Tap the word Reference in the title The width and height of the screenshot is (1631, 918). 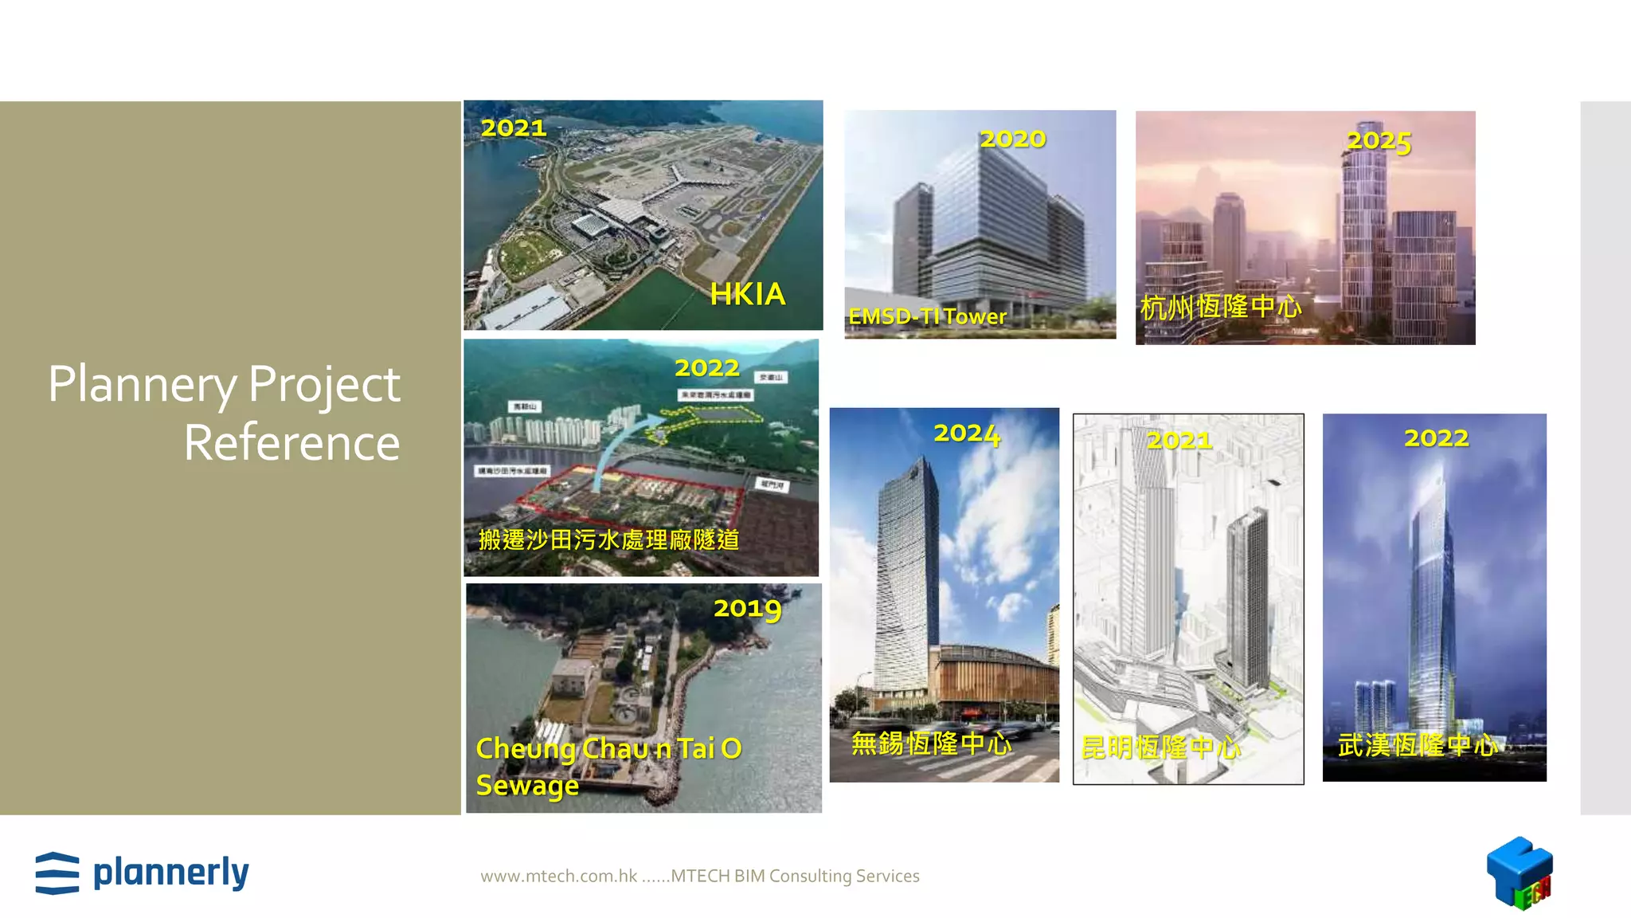coord(291,443)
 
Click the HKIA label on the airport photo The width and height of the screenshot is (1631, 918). coord(747,294)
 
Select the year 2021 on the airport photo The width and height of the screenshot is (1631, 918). coord(514,127)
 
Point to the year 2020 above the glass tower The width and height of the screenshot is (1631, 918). coord(1012,139)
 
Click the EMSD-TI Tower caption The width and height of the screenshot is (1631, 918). coord(927,316)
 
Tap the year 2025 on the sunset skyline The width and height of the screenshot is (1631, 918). coord(1379,141)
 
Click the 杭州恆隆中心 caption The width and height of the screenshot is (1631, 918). coord(1221,307)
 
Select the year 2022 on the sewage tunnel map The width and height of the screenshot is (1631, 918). coord(707,367)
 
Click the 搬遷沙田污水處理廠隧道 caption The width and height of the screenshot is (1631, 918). coord(609,539)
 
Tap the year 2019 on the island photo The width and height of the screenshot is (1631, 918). coord(747,609)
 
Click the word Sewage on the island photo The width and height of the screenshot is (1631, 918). coord(527,785)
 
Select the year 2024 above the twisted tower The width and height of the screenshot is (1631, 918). coord(967,433)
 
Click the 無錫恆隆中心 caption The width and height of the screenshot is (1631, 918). coord(931,743)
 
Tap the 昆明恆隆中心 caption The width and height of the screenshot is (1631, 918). coord(1160,747)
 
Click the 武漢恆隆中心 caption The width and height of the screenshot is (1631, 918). coord(1417,745)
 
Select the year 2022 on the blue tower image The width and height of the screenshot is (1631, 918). coord(1436,438)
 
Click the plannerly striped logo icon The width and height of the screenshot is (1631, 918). coord(57,873)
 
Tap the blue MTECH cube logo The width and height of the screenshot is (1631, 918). coord(1519,872)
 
